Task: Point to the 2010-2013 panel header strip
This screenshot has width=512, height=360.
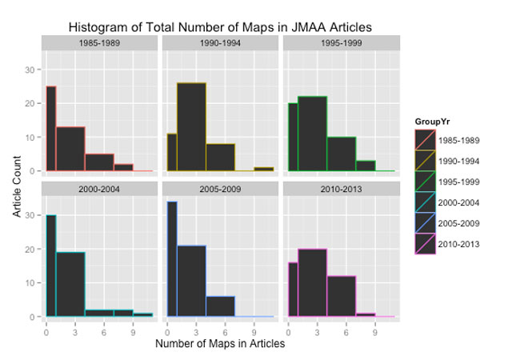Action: pos(339,190)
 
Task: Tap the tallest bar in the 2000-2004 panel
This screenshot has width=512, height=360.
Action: pos(51,266)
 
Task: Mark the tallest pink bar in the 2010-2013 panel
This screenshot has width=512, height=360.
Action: pos(312,283)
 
